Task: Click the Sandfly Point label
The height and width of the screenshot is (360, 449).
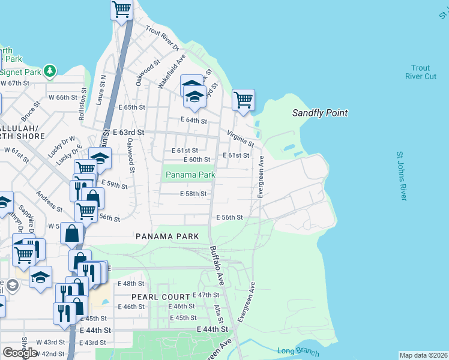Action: (x=319, y=113)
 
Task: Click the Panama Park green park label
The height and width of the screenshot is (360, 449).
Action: (x=190, y=175)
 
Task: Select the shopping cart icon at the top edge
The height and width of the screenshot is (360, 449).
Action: (x=122, y=10)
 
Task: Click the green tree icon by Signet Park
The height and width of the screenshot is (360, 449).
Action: (x=50, y=71)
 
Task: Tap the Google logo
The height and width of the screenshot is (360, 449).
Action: (x=20, y=353)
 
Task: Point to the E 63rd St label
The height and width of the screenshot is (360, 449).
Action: (x=129, y=132)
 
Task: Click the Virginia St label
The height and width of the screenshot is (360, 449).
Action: (x=240, y=139)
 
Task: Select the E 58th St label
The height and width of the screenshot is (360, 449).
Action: (x=193, y=194)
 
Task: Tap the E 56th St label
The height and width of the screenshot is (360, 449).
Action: (x=229, y=217)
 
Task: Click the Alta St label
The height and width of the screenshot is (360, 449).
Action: (x=218, y=314)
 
